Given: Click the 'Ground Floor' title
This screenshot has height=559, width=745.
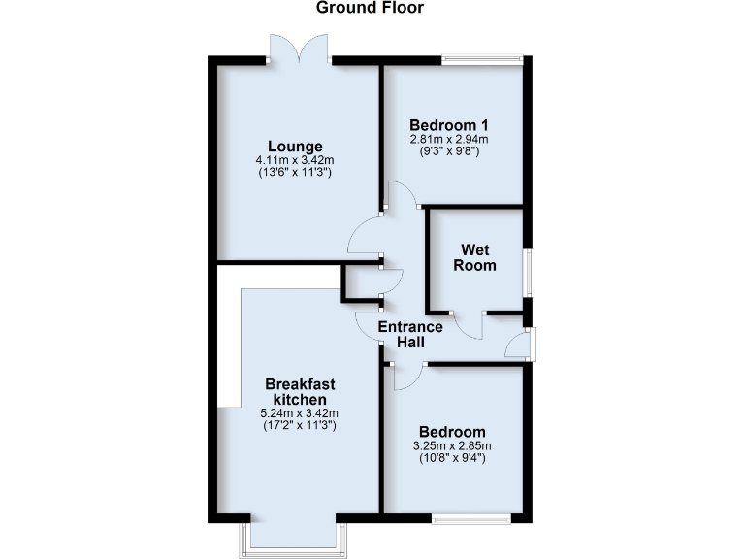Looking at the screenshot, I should (x=371, y=8).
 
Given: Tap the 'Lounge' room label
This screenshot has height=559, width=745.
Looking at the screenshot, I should (x=295, y=147).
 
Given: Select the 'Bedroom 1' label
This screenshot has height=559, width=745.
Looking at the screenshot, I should (x=448, y=125).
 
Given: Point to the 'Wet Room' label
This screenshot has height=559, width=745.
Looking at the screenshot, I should (x=475, y=257).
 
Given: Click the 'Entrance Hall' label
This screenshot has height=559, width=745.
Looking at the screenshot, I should (x=410, y=335).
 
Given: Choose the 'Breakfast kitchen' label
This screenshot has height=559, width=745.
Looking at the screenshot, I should (x=301, y=391).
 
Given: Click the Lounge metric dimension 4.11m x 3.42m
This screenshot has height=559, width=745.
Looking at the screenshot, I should (x=295, y=160).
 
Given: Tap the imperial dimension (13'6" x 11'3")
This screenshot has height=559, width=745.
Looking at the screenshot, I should (x=295, y=173).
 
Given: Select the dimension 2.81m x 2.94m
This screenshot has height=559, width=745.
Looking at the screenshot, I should (x=448, y=139).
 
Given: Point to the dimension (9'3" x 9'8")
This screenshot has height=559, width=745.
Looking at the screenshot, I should (x=448, y=151).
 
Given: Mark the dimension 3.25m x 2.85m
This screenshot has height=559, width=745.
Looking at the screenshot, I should (x=452, y=445).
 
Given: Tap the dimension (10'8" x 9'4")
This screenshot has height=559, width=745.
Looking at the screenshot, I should (x=452, y=458).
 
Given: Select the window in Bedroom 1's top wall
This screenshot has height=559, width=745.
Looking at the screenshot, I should (x=483, y=60).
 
